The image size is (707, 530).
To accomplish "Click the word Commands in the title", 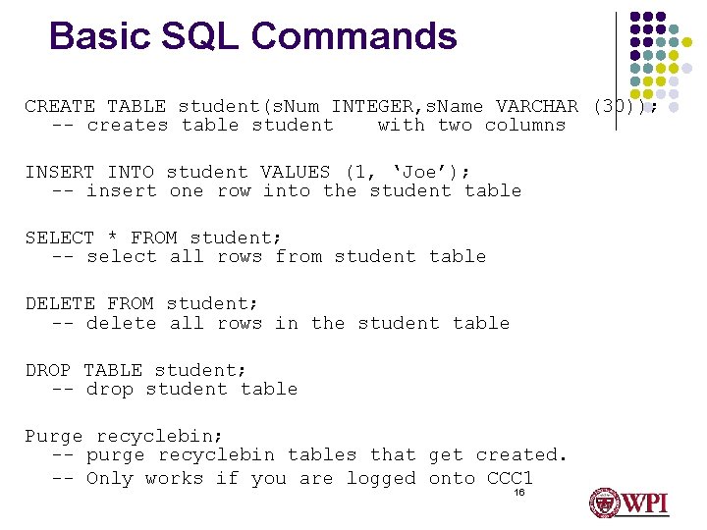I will pos(353,36).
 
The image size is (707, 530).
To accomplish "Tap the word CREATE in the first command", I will pos(60,106).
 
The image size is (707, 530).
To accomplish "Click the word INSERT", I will pos(60,172).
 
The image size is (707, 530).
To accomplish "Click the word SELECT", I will pos(60,238).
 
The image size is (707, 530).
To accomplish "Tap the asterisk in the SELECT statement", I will pos(113,238).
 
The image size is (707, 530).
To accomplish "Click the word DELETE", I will pos(60,303).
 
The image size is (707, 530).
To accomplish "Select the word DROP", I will pos(48,370).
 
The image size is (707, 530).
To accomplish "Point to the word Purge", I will pos(54,436).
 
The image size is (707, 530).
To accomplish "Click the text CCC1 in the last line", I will pos(510,478).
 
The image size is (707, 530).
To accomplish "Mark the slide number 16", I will pos(519,493).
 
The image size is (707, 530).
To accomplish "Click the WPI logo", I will pos(628,503).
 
